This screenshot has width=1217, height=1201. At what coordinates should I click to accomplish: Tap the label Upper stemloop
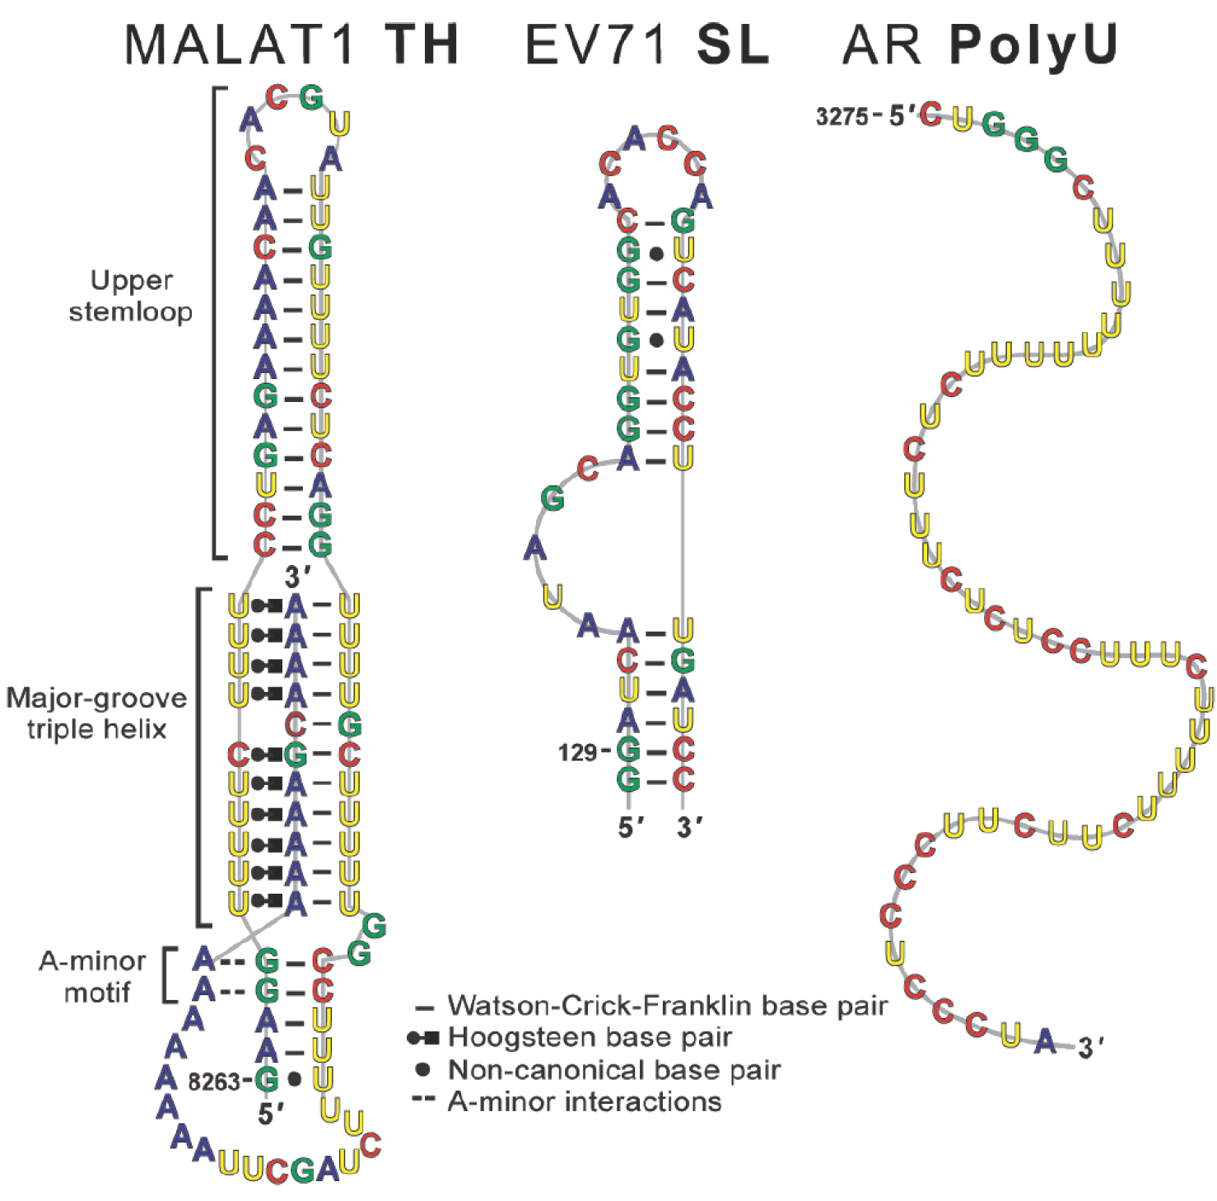tap(131, 296)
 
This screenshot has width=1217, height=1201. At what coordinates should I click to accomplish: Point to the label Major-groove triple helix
tap(96, 713)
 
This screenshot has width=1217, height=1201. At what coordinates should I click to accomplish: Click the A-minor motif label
tap(93, 976)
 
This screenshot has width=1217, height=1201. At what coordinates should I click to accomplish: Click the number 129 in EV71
tap(577, 753)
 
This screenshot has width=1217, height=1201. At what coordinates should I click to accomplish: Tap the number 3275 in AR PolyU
tap(842, 117)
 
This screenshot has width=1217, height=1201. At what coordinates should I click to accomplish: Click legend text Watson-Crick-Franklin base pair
tap(668, 1006)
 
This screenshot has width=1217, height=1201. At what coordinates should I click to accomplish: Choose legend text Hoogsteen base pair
tap(590, 1037)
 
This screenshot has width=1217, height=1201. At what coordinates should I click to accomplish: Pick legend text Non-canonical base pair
tap(613, 1070)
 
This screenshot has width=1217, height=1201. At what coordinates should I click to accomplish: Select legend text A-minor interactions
tap(585, 1102)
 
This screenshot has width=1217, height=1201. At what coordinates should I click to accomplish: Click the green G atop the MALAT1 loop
tap(311, 97)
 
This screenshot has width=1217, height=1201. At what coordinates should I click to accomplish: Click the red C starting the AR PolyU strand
tap(931, 114)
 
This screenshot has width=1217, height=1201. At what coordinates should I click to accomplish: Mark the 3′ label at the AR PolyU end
tap(1090, 1048)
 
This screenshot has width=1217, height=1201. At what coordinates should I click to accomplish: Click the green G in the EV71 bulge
tap(553, 498)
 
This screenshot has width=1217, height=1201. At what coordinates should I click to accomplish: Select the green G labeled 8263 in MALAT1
tap(266, 1079)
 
